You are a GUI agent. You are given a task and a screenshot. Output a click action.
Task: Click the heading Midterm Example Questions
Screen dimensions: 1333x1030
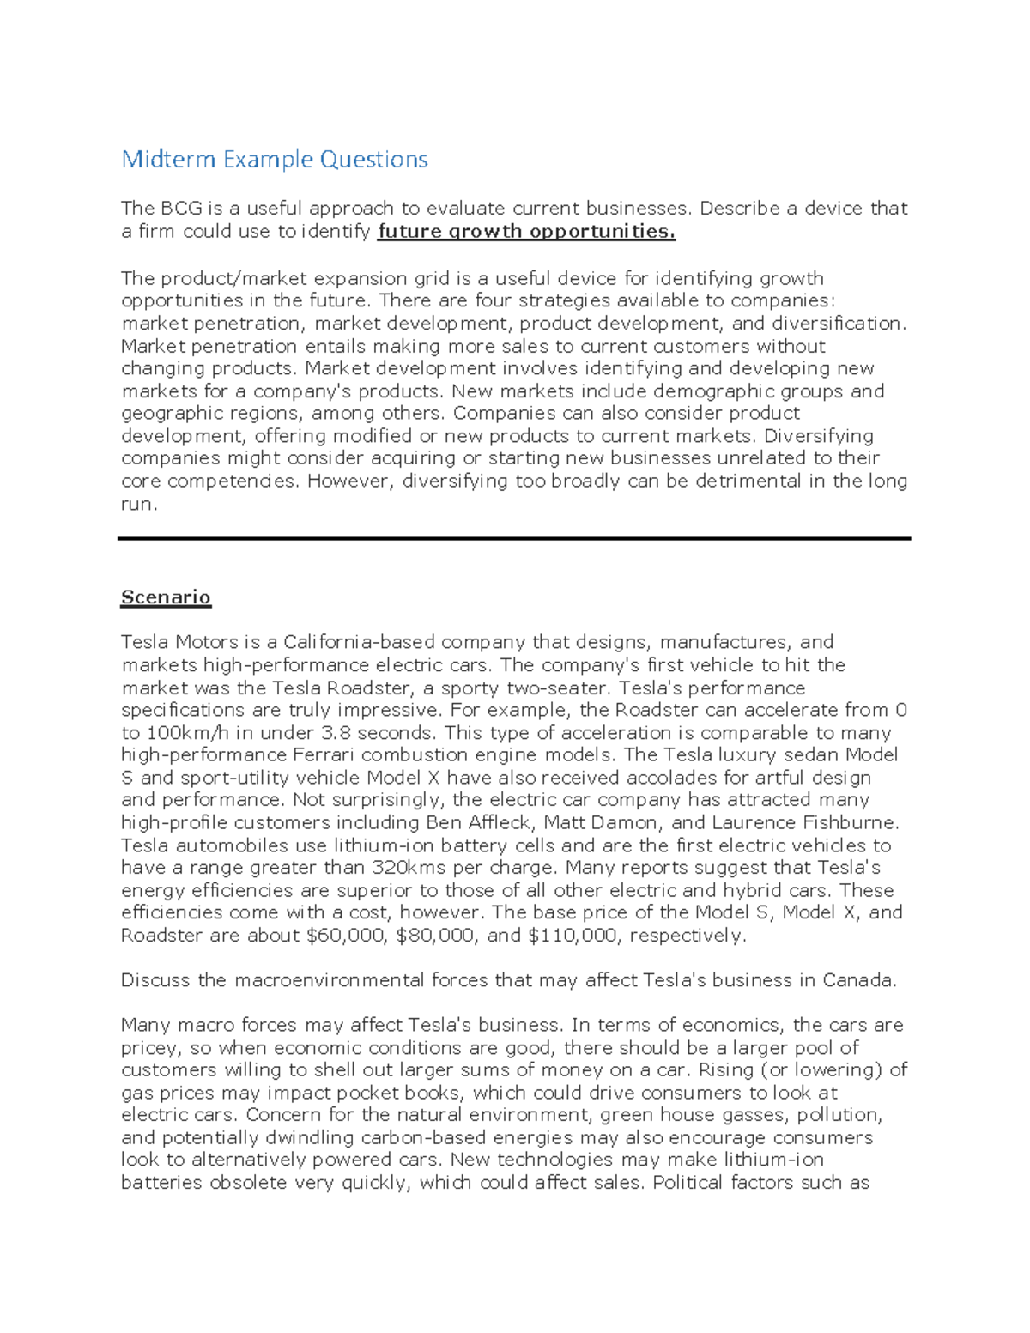275,160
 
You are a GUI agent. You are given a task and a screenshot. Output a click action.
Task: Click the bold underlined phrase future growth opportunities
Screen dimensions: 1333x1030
526,231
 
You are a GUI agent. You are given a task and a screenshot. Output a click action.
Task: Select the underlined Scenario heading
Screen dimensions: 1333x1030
166,597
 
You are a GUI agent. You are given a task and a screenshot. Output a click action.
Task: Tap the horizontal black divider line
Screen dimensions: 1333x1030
513,539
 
